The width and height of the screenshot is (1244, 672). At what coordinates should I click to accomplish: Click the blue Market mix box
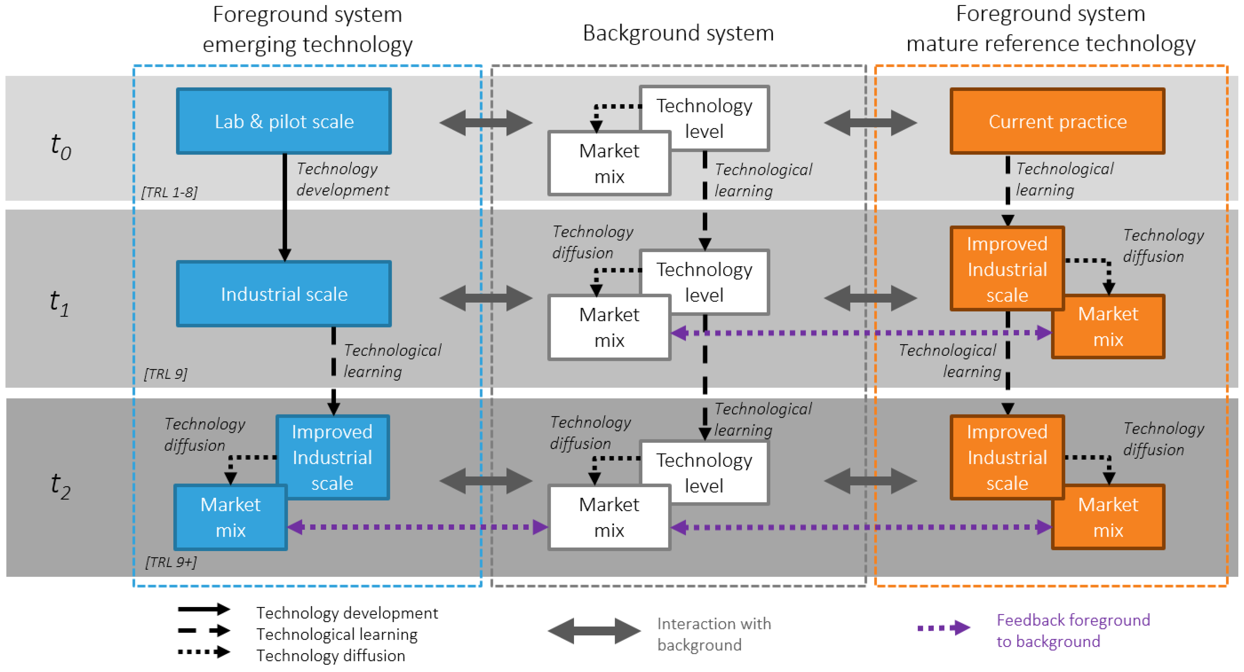[230, 517]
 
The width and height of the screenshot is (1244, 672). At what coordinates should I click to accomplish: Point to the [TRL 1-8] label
[169, 192]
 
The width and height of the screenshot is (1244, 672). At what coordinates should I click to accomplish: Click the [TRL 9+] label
[171, 562]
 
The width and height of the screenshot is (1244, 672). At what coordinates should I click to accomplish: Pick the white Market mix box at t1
[609, 327]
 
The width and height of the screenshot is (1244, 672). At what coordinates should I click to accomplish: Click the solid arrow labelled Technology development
[284, 208]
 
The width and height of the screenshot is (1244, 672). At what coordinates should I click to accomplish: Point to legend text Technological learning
[337, 634]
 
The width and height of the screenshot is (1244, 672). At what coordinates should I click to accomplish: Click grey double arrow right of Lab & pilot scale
[485, 123]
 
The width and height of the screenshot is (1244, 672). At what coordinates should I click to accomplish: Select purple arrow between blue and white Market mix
[418, 527]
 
